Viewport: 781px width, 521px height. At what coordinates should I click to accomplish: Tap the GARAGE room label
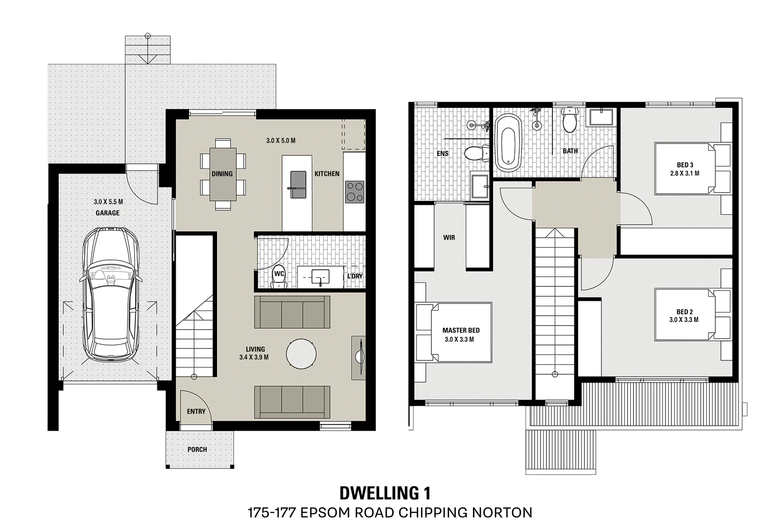click(107, 213)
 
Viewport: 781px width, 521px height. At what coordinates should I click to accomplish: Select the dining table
click(223, 174)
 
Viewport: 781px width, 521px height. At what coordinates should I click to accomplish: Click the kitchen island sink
click(298, 184)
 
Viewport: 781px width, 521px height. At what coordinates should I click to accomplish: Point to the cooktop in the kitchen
click(355, 192)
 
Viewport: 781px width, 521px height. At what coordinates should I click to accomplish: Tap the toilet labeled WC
click(279, 278)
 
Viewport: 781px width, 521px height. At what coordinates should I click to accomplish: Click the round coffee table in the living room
click(301, 354)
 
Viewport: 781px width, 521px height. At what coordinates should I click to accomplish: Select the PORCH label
click(197, 449)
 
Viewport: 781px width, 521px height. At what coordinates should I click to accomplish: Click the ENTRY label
click(196, 412)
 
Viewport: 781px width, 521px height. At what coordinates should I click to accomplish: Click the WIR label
click(449, 237)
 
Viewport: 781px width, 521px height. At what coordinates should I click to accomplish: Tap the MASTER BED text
click(461, 331)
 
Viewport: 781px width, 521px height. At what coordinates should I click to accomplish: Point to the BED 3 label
click(685, 165)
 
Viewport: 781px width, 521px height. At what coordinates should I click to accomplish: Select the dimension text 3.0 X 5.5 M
click(108, 201)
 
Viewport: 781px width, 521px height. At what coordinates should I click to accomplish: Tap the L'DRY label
click(355, 276)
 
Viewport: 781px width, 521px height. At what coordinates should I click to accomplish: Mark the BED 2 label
click(685, 312)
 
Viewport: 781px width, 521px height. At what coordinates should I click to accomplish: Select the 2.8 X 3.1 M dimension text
click(685, 173)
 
